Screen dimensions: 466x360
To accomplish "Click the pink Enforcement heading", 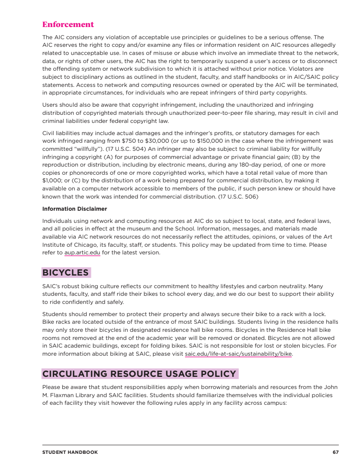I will click(68, 24).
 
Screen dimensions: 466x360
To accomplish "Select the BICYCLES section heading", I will click(66, 273).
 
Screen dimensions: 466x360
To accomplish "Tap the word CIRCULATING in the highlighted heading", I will click(74, 374).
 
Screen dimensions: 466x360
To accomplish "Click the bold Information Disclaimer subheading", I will click(75, 209).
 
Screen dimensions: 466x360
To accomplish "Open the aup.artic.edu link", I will click(82, 253).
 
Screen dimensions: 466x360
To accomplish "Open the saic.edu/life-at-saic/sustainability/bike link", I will click(238, 354).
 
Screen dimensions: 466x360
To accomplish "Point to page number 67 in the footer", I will click(336, 452).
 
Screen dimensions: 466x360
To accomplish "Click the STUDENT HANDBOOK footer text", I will click(70, 452).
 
